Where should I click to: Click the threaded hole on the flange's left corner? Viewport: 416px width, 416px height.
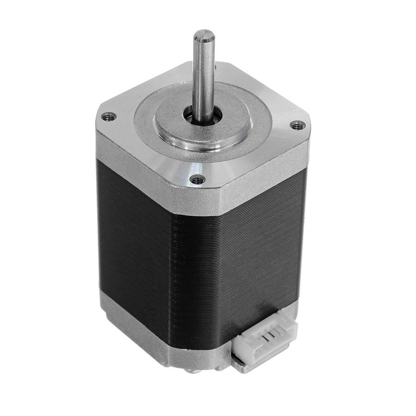pyautogui.click(x=109, y=116)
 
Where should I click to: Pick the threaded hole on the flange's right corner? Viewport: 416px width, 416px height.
pyautogui.click(x=298, y=125)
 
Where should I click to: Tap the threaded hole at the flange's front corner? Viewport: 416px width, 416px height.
pyautogui.click(x=198, y=179)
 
